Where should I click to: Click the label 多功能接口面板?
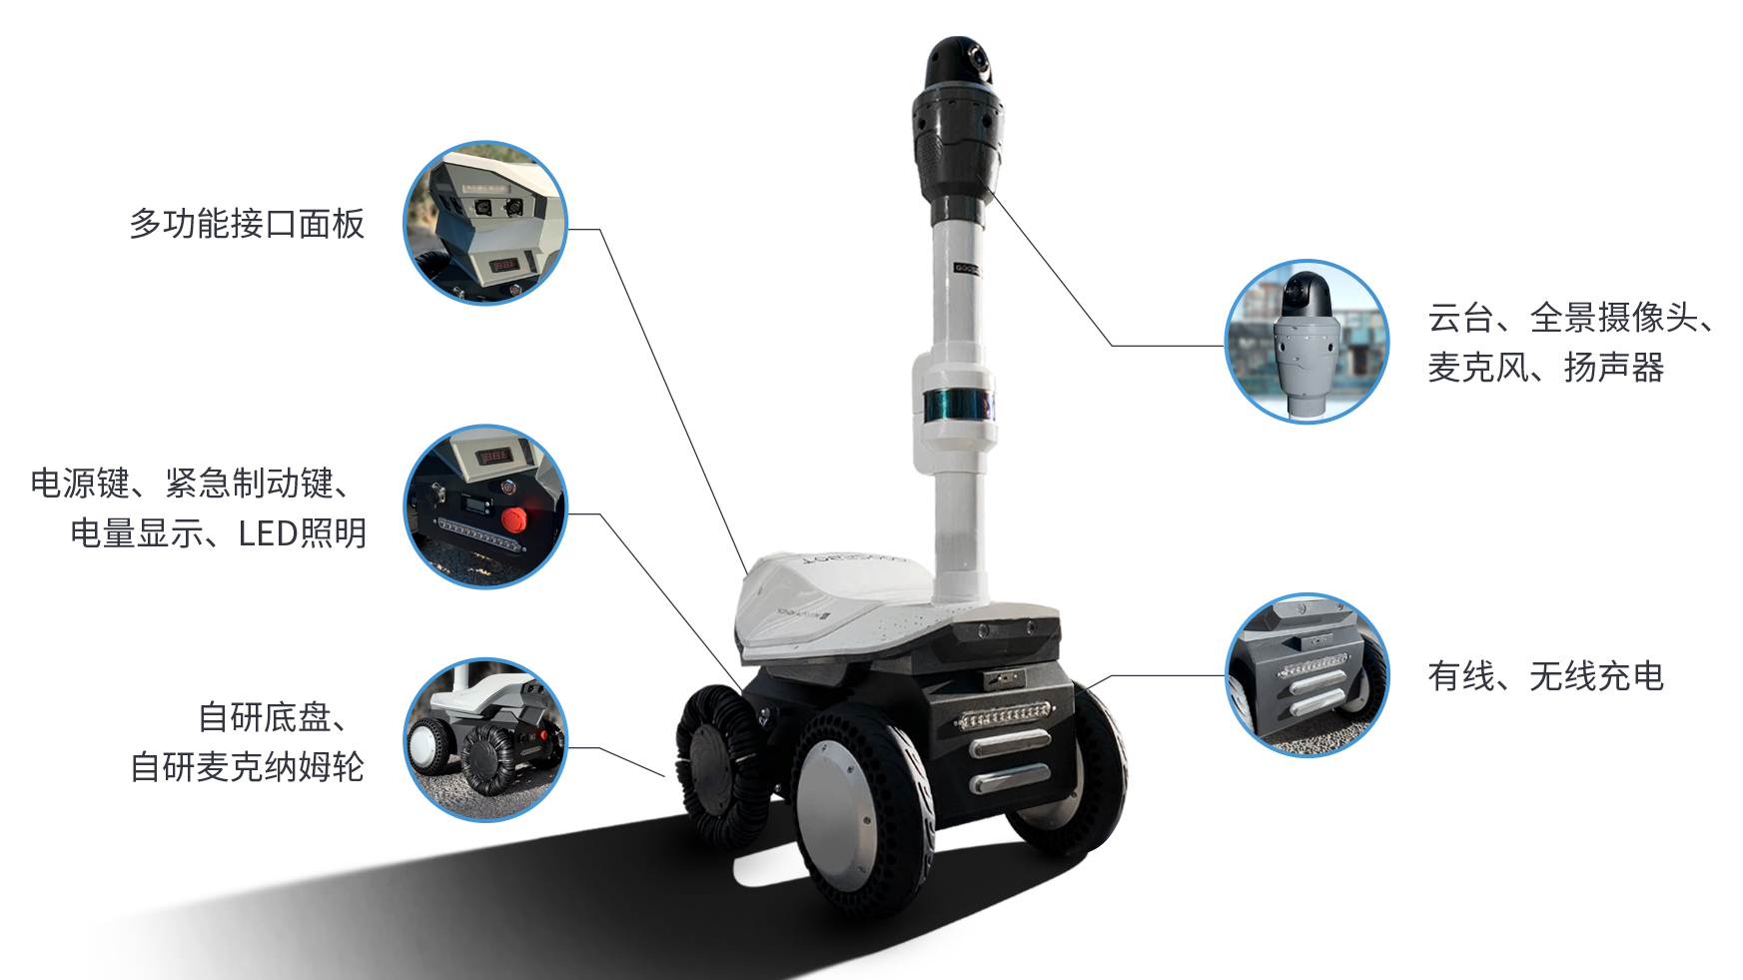click(247, 224)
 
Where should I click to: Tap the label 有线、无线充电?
click(1545, 676)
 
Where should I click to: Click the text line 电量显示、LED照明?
click(219, 533)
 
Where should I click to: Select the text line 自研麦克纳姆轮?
click(248, 767)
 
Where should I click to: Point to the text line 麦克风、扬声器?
click(1545, 368)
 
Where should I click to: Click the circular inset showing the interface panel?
click(485, 223)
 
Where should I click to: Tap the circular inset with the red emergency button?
click(485, 506)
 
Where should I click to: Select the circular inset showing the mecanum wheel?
click(485, 740)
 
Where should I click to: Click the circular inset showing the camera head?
click(1307, 342)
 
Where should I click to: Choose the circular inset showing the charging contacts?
click(1307, 675)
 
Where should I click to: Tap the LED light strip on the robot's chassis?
click(1004, 715)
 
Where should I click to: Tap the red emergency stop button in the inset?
click(513, 519)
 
